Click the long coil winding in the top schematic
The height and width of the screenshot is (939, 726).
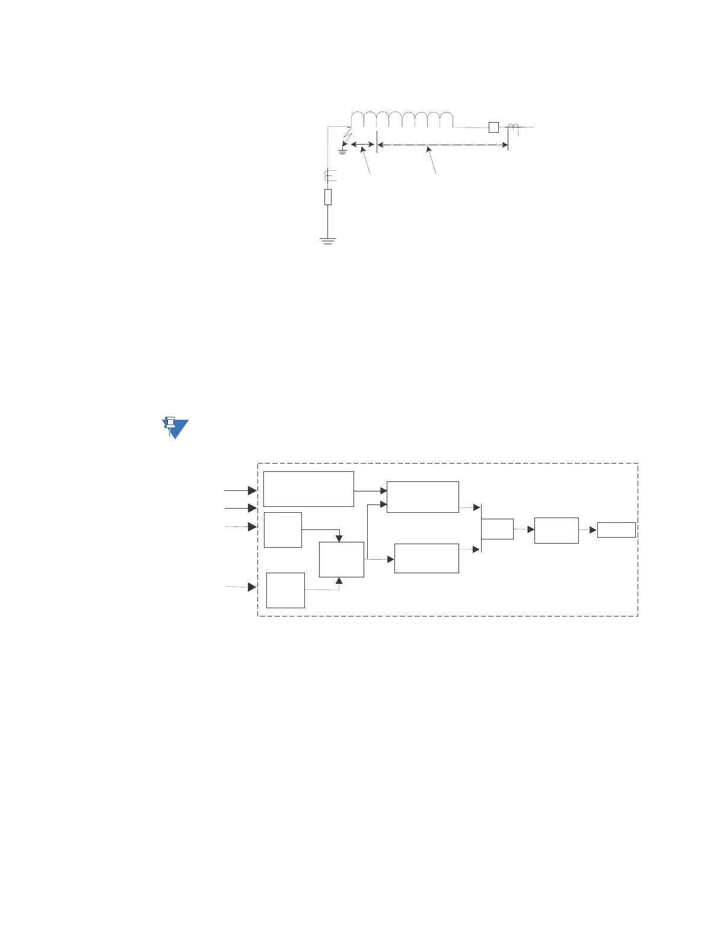point(402,120)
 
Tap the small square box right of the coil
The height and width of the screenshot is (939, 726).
point(493,127)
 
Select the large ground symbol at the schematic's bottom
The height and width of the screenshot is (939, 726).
point(327,240)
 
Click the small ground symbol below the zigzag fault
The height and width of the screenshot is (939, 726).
point(342,152)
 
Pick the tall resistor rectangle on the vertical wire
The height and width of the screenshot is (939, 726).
point(327,197)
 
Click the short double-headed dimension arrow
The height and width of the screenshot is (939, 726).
point(362,144)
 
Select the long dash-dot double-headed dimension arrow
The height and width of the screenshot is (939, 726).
point(442,145)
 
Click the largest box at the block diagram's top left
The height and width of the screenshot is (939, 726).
point(308,489)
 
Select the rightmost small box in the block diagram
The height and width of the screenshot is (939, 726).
point(616,530)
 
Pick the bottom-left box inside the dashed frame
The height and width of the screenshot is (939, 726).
point(285,590)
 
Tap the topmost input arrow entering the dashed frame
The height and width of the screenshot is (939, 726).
point(240,490)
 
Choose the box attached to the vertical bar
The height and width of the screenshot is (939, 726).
point(497,529)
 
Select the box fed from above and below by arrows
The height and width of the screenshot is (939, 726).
point(341,559)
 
